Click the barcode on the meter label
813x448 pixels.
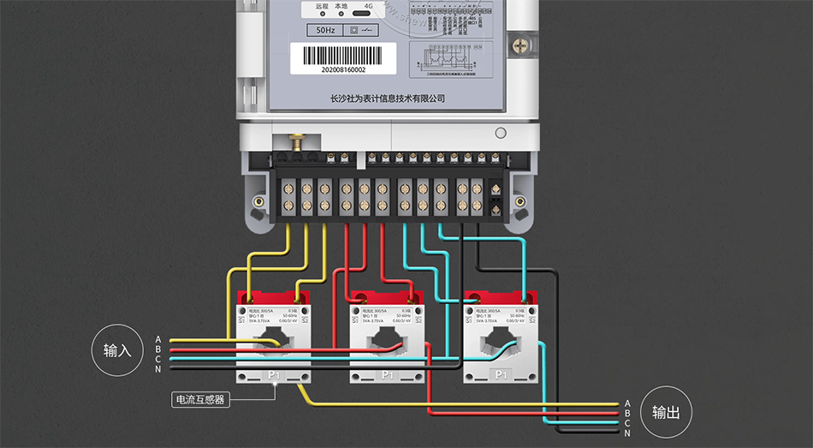point(342,55)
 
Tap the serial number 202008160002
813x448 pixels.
point(342,70)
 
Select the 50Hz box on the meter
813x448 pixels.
point(325,30)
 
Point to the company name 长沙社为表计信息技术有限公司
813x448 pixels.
point(388,99)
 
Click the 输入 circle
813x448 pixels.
point(117,350)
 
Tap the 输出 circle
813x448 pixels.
point(666,412)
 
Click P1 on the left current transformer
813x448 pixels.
point(275,375)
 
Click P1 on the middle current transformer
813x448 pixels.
point(388,375)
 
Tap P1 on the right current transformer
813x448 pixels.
point(501,375)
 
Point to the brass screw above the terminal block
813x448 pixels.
point(299,140)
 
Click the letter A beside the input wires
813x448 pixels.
point(158,340)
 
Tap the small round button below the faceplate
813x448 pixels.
point(501,133)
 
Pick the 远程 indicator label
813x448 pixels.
point(322,6)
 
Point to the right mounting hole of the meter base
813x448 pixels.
point(519,202)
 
